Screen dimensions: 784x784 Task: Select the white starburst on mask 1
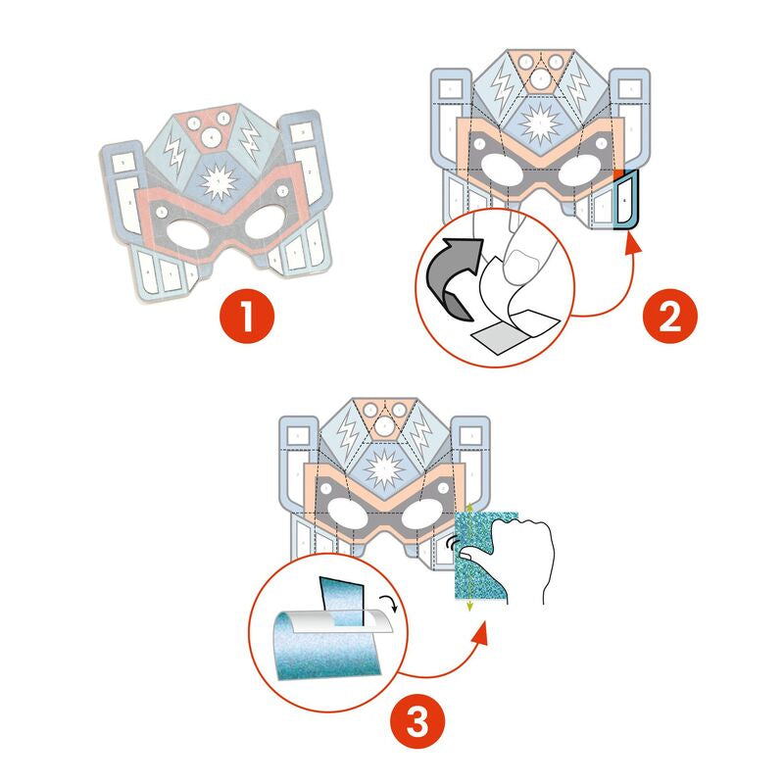point(217,181)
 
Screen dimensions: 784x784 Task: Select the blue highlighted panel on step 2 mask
point(623,201)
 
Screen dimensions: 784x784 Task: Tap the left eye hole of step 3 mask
point(342,514)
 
